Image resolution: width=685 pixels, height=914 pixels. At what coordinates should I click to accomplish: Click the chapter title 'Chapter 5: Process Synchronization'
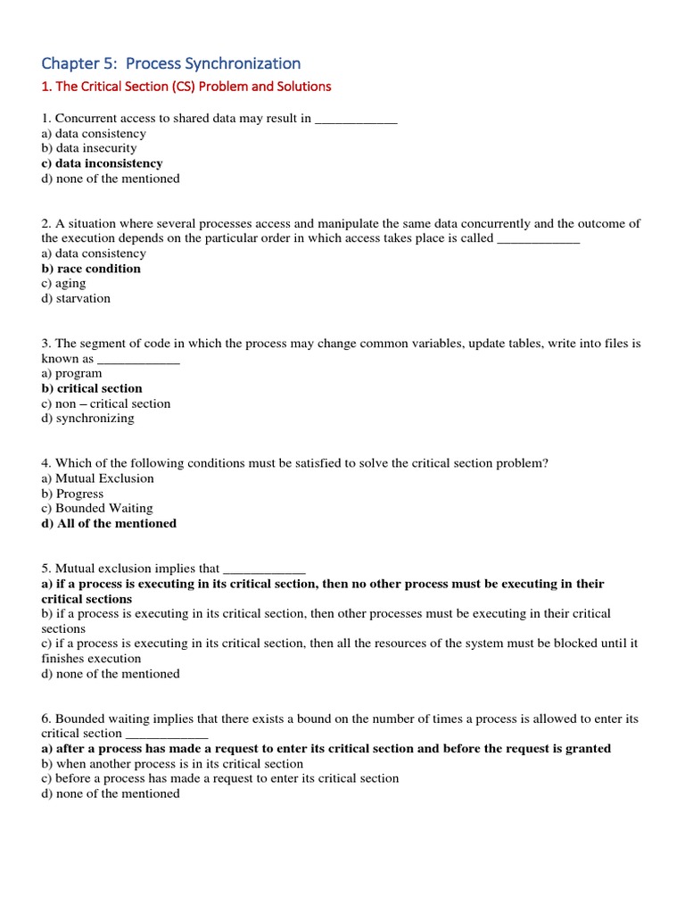pos(171,63)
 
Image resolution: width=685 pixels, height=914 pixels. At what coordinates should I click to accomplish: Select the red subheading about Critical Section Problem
pos(186,87)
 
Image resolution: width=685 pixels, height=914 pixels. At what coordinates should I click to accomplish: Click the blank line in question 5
pos(264,569)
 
